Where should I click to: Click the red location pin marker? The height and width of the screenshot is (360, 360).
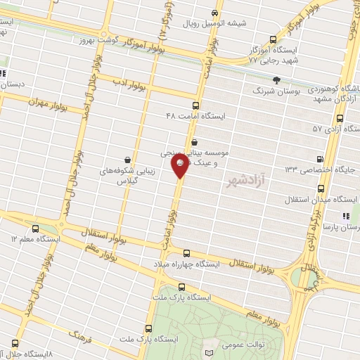pyautogui.click(x=181, y=166)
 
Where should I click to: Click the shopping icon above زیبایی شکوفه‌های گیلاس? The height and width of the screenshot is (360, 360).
pyautogui.click(x=127, y=160)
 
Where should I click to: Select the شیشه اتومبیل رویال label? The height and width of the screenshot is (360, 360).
pyautogui.click(x=214, y=23)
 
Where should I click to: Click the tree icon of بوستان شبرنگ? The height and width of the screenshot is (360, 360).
pyautogui.click(x=277, y=80)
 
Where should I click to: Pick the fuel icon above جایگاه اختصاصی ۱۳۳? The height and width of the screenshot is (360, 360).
pyautogui.click(x=321, y=159)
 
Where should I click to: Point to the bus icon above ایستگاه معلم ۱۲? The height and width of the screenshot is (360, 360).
pyautogui.click(x=36, y=228)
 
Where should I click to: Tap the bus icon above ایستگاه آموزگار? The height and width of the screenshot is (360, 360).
pyautogui.click(x=274, y=40)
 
